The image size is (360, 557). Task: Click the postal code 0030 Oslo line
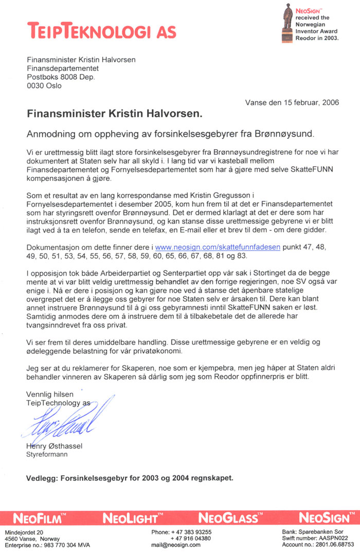(44, 86)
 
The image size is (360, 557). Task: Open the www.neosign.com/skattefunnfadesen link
(218, 247)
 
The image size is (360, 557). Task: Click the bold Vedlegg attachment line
(130, 478)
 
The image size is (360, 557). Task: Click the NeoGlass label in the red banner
(225, 516)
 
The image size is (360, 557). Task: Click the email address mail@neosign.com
(174, 545)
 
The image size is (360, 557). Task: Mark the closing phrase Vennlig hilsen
(47, 394)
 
